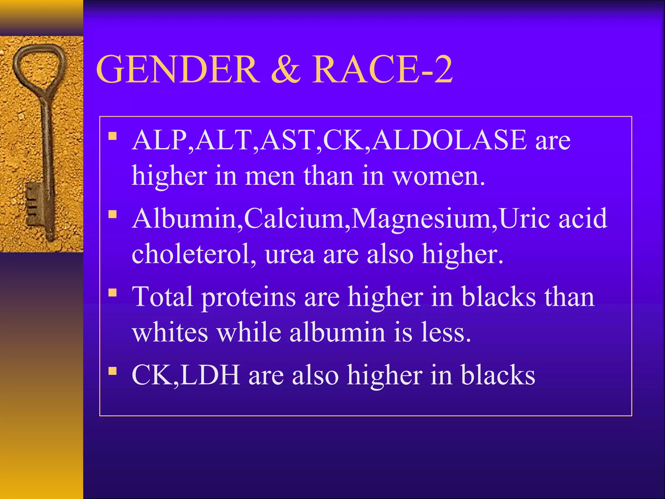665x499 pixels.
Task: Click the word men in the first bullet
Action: click(270, 176)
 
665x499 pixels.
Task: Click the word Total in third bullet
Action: click(162, 297)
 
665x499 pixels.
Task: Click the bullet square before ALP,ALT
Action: click(112, 136)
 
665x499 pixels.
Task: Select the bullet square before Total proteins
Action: click(112, 293)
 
